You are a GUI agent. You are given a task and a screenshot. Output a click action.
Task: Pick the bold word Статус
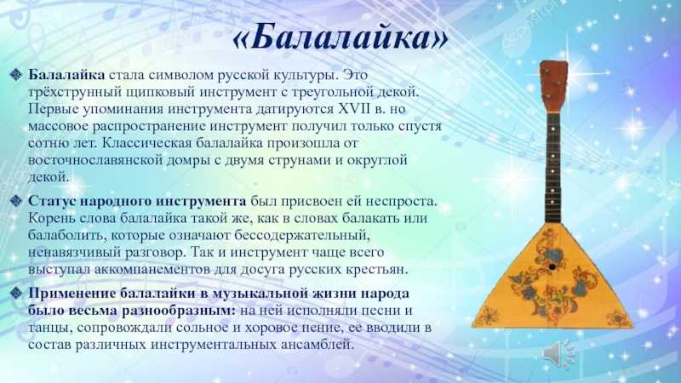point(53,202)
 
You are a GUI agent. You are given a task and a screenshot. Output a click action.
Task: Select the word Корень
point(50,218)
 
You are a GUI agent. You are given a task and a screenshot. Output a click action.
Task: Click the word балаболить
point(67,236)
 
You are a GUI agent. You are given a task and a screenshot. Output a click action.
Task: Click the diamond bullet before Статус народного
point(16,202)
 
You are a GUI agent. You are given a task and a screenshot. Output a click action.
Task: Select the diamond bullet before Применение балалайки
point(16,294)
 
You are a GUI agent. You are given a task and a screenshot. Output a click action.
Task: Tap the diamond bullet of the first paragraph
point(16,75)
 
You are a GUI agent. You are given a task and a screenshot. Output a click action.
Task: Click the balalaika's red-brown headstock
point(554,86)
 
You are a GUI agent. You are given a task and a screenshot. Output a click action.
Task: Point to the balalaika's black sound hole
point(552,266)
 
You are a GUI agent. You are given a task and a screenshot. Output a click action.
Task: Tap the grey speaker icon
point(558,353)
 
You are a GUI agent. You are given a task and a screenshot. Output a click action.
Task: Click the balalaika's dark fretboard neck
point(553,167)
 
